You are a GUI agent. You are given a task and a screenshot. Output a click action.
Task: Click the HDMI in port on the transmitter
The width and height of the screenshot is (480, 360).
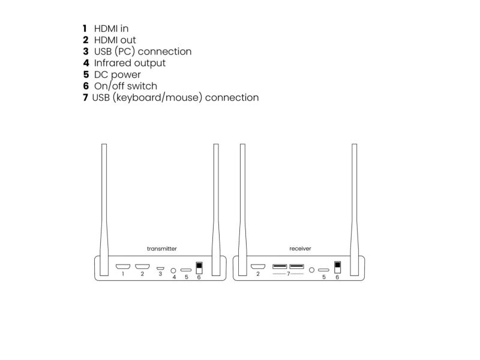(123, 266)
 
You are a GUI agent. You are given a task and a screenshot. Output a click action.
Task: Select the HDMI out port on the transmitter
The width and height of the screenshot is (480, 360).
(142, 266)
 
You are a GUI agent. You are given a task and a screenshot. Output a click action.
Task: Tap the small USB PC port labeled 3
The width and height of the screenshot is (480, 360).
(160, 268)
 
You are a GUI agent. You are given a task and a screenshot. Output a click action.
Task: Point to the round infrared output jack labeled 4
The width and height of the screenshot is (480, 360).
(173, 271)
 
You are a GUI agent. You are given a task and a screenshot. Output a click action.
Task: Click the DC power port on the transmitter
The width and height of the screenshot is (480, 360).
(186, 270)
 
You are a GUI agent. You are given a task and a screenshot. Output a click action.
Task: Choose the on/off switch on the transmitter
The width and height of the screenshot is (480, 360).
(199, 268)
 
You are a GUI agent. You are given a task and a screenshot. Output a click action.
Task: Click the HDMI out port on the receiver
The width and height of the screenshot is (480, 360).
(258, 266)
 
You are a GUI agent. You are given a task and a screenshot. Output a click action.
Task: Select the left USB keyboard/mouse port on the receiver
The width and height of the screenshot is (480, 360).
(280, 266)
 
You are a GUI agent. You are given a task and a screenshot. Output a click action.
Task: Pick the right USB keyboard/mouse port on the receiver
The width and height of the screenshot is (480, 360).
(296, 266)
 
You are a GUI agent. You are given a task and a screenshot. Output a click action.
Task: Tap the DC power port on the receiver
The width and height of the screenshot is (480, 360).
(323, 270)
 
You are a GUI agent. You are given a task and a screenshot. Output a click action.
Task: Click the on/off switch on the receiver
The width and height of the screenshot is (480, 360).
(337, 267)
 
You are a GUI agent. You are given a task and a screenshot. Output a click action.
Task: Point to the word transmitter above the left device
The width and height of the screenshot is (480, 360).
(161, 248)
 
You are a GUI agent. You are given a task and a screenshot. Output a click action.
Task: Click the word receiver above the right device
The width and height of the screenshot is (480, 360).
(300, 248)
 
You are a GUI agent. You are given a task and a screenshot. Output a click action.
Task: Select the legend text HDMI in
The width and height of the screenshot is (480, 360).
(111, 28)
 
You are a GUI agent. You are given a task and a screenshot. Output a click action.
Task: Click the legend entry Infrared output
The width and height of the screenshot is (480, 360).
(130, 63)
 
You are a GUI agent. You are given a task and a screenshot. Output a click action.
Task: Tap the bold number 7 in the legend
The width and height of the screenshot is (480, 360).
(85, 97)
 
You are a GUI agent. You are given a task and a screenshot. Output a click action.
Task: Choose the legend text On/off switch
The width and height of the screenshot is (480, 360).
(125, 86)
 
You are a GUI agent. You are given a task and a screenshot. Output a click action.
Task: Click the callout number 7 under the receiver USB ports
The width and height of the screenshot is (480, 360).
(289, 274)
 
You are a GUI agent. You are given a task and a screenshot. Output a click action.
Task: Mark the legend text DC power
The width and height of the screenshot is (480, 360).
(117, 74)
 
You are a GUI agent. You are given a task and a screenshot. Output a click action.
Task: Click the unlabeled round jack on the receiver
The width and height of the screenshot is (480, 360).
(311, 270)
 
